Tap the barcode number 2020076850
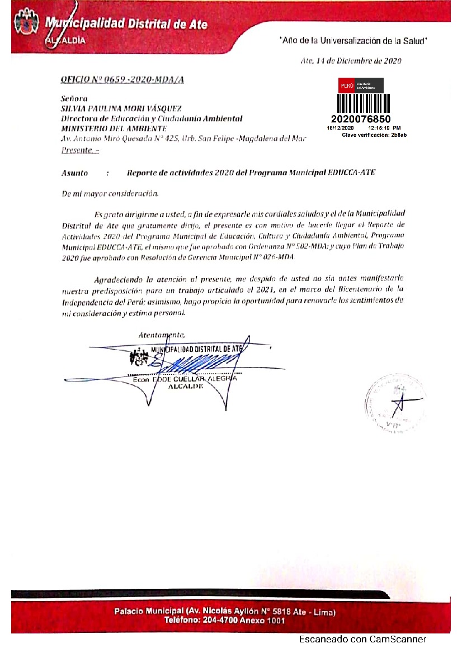click(x=360, y=119)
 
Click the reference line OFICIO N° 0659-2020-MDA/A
click(x=122, y=80)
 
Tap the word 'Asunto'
click(x=74, y=173)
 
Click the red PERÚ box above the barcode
click(x=346, y=85)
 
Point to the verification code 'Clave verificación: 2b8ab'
click(x=374, y=135)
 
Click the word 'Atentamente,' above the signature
click(x=162, y=335)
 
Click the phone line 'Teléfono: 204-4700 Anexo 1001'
click(x=224, y=620)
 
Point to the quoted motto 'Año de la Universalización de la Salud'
click(x=353, y=41)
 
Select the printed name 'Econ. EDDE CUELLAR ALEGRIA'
click(x=185, y=379)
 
